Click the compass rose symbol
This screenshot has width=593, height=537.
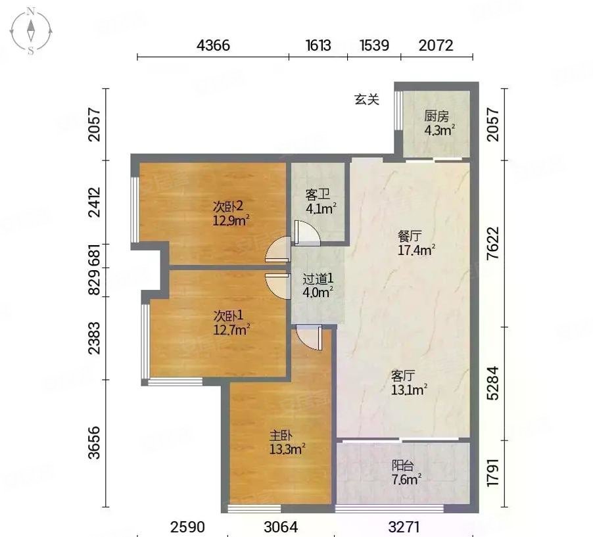point(31,32)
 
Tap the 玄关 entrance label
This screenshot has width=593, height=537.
point(366,99)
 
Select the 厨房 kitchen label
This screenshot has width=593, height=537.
point(437,116)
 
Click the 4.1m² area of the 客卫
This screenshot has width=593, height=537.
point(321,208)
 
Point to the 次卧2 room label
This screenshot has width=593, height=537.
point(228,206)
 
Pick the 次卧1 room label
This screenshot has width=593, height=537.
point(228,315)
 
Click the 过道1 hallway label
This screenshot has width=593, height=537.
point(318,279)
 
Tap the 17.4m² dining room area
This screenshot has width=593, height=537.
point(416,250)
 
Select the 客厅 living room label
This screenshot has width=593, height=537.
point(403,376)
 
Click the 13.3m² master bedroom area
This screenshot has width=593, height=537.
point(287,450)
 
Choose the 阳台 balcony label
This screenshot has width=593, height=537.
point(402,465)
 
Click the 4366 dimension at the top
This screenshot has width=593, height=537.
point(213,45)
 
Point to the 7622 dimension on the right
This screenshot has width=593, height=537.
point(493,243)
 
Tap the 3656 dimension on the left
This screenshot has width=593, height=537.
point(94,442)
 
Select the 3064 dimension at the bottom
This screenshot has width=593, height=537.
point(281,526)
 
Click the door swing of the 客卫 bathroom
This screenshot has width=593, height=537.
point(307,233)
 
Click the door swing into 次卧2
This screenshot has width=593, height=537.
point(278,249)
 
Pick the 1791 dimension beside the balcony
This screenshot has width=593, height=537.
point(493,473)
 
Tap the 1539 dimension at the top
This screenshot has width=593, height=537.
point(375,45)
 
